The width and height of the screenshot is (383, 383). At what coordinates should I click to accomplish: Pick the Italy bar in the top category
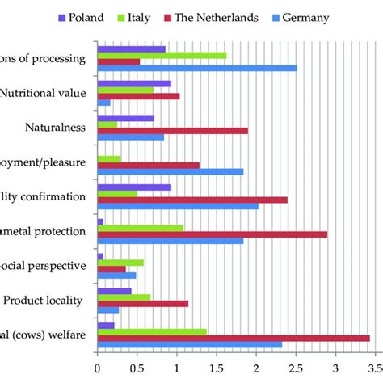click(x=162, y=55)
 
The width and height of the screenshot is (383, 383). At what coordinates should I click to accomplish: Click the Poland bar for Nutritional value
click(x=133, y=83)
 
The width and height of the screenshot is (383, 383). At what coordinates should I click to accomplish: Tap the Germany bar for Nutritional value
click(x=103, y=102)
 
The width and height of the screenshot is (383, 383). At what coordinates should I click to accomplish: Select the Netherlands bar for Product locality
click(x=142, y=303)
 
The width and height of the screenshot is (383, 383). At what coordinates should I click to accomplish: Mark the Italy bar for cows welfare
click(x=151, y=331)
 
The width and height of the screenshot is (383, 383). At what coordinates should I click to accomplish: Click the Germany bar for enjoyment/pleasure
click(x=170, y=171)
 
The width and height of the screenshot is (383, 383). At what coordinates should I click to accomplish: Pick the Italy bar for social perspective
click(x=120, y=262)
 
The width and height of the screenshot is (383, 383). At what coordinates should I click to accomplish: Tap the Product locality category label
click(x=44, y=301)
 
